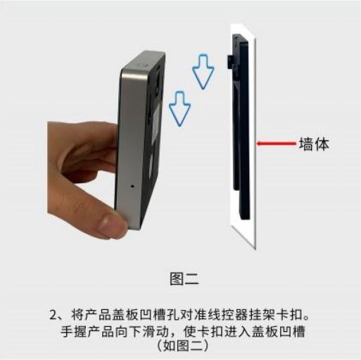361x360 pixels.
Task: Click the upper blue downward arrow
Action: tap(203, 72)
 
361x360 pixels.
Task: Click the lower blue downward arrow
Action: tap(180, 108)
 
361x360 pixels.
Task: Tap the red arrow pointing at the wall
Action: tap(277, 143)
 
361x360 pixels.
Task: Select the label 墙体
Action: tap(314, 144)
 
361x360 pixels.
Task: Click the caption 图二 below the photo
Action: tap(184, 279)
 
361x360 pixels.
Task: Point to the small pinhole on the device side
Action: tap(132, 186)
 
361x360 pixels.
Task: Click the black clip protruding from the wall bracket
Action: tap(229, 61)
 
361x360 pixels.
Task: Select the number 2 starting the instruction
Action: tap(53, 315)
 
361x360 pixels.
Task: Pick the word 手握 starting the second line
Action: tap(74, 332)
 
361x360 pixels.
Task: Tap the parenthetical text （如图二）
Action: tap(182, 346)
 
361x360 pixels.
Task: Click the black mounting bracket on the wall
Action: tap(241, 125)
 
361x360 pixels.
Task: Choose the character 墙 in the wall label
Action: tap(306, 144)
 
